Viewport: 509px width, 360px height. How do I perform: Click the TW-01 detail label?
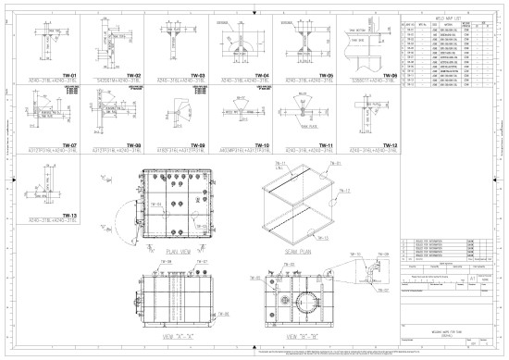pos(68,74)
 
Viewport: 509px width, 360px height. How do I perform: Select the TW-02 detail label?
pos(132,74)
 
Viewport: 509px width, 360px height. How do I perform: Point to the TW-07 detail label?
pos(68,146)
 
